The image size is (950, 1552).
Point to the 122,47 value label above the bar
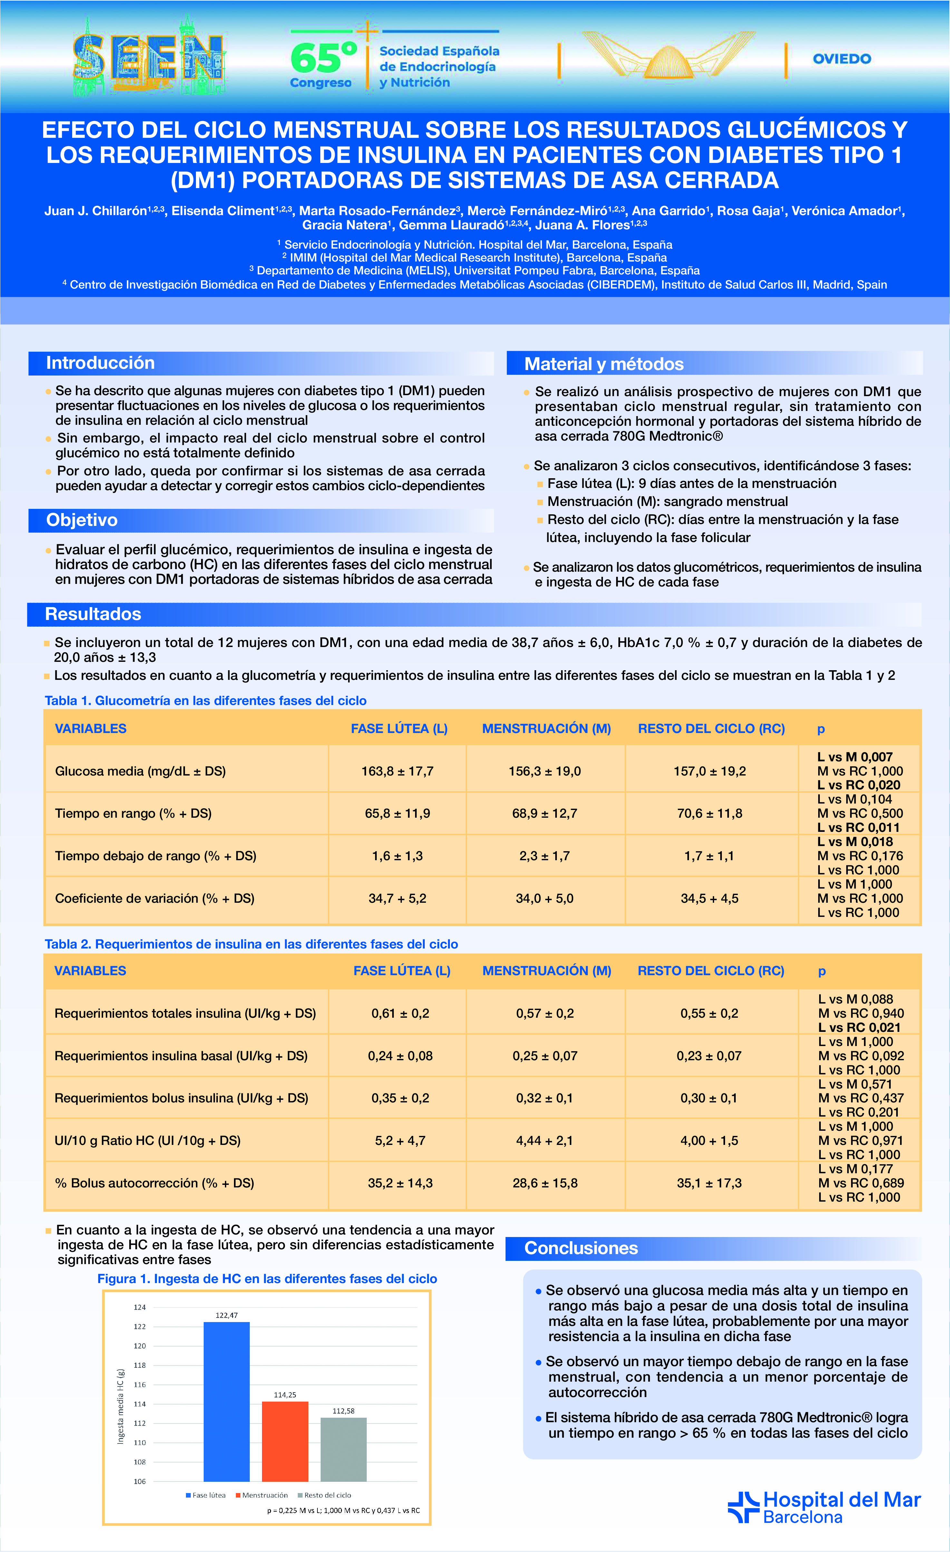coord(226,1315)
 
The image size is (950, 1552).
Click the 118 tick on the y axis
coord(139,1365)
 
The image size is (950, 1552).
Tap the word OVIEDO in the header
coord(842,59)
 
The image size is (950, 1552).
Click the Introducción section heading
coord(100,363)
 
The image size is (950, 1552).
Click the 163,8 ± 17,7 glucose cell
coord(397,771)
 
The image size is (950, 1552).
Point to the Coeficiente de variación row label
coord(154,898)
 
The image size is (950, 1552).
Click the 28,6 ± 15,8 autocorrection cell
coord(545,1183)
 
